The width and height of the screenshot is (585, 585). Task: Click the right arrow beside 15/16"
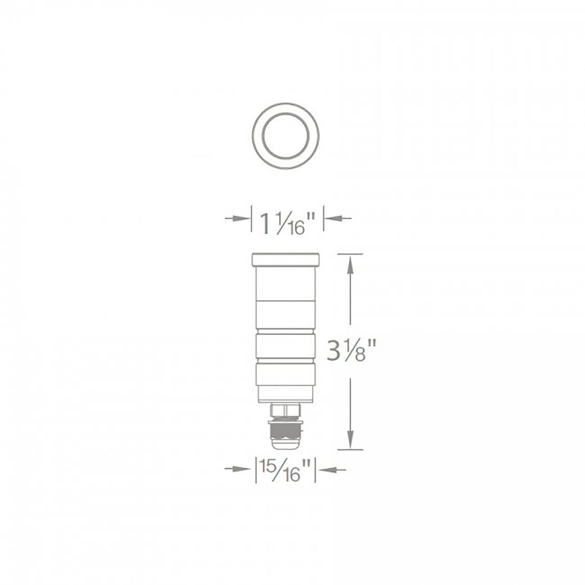(334, 469)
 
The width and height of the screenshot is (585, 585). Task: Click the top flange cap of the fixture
(286, 259)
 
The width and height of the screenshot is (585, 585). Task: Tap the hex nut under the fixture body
(285, 410)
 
